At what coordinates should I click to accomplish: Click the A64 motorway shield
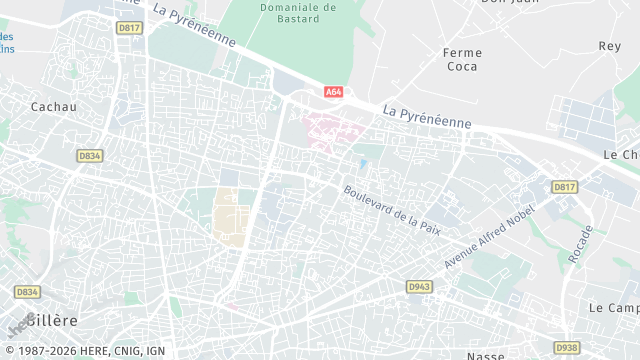point(333,92)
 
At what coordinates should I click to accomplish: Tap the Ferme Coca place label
point(462,60)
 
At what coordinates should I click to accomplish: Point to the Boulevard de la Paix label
point(385,203)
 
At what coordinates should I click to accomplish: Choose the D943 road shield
point(418,287)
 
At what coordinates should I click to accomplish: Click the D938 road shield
point(566,347)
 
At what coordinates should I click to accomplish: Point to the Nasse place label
point(485,355)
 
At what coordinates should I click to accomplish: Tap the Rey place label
point(609,46)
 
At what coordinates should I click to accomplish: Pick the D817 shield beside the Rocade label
point(565,187)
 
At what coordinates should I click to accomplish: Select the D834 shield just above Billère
point(27,292)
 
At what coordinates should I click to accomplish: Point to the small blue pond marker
point(362,163)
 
